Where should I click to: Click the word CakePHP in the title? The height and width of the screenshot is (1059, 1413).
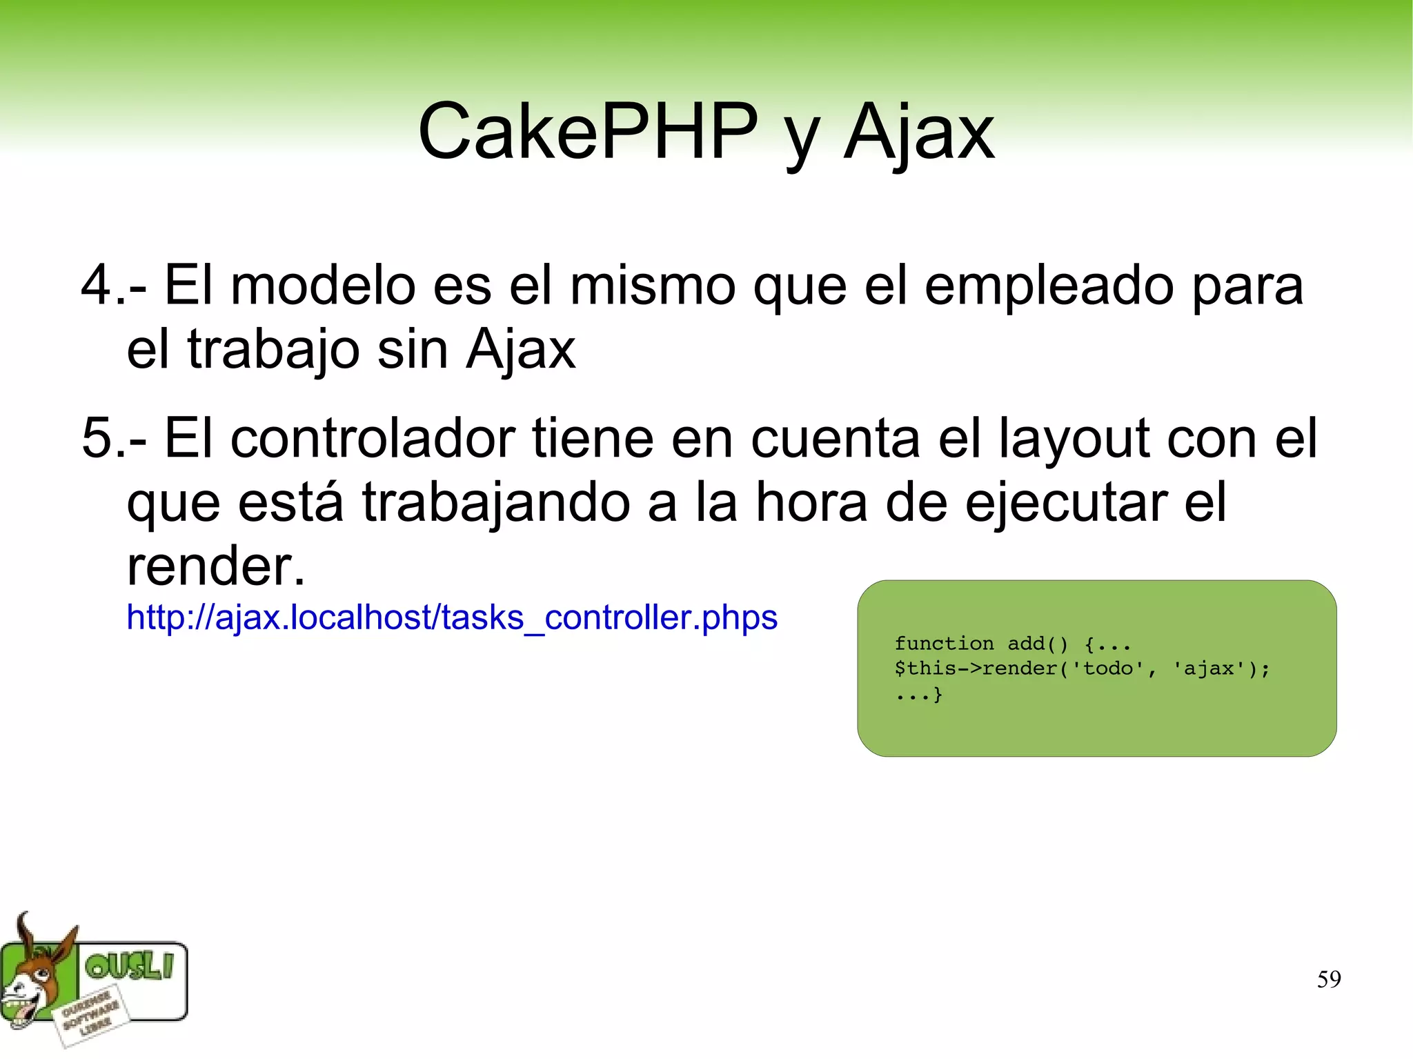tap(587, 131)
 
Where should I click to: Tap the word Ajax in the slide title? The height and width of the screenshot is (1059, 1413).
tap(919, 132)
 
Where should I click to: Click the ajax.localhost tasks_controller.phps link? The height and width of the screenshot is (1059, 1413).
tap(452, 617)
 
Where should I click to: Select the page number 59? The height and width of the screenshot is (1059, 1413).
tap(1328, 979)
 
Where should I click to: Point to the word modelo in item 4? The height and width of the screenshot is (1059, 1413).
tap(323, 286)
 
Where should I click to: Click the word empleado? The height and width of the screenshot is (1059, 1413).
tap(1049, 286)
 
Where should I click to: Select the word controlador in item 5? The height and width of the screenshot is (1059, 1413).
tap(373, 438)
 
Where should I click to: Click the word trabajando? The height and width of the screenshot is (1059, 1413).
tap(495, 502)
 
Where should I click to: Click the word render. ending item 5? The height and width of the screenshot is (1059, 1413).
tap(215, 566)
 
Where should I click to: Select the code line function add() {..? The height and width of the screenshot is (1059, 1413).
tap(1012, 644)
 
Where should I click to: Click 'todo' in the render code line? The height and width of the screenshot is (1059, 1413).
tap(1109, 668)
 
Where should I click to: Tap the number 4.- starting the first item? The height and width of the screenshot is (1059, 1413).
tap(113, 286)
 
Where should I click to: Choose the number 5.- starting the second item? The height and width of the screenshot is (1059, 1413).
tap(113, 438)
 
